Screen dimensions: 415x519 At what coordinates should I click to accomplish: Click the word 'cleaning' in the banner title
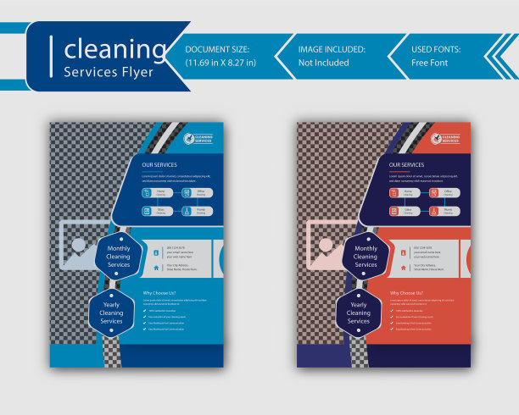[116, 48]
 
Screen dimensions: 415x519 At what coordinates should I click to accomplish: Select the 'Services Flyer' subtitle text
[109, 71]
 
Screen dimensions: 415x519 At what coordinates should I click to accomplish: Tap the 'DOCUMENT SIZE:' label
[217, 49]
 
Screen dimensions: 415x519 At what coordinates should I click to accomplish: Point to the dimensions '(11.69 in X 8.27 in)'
[220, 62]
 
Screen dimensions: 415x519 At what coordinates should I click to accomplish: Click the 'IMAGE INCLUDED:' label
[332, 49]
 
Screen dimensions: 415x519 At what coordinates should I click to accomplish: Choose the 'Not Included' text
[324, 62]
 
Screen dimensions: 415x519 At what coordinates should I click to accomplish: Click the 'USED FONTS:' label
[436, 49]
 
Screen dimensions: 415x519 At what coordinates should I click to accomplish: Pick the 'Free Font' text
[430, 62]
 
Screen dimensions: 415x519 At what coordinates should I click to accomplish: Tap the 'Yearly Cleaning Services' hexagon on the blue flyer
[111, 313]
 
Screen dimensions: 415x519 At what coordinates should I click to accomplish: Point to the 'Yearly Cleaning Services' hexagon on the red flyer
[359, 313]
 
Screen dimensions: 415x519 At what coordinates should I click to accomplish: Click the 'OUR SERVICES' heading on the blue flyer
[159, 164]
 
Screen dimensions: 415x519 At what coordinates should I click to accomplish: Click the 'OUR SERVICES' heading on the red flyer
[406, 164]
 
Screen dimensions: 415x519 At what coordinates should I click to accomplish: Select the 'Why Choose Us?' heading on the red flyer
[406, 293]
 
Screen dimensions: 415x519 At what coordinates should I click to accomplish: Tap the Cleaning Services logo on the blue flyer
[198, 138]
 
